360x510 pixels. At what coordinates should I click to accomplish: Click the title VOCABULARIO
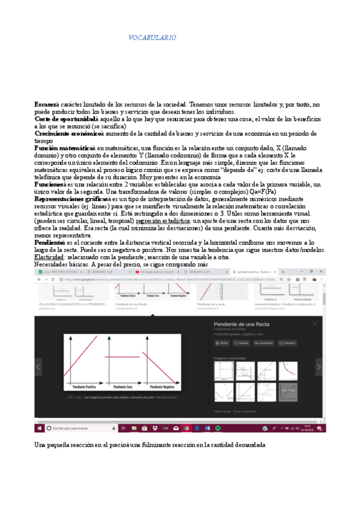[152, 38]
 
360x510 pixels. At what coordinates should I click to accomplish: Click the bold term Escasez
[46, 105]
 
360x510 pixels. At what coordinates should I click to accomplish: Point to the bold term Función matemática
[63, 147]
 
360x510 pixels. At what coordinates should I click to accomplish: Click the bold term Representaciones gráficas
[70, 198]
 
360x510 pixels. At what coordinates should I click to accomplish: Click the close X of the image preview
[314, 324]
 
